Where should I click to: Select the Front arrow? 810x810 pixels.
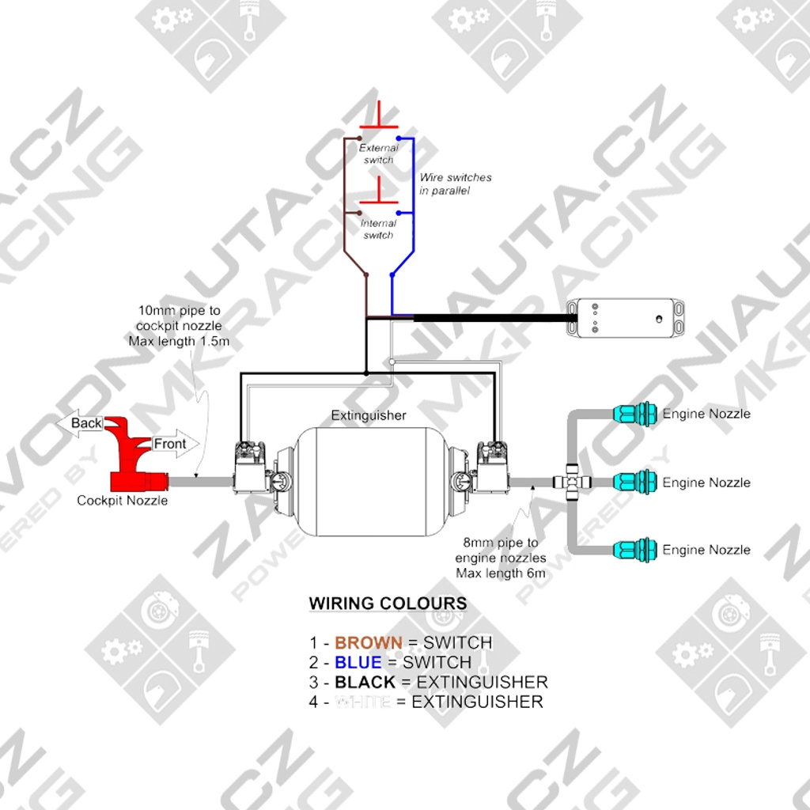click(x=173, y=445)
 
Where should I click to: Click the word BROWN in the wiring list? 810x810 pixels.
click(x=369, y=642)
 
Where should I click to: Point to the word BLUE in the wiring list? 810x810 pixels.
click(x=358, y=662)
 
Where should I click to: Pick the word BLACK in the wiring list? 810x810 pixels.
click(x=365, y=682)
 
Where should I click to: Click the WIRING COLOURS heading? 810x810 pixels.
click(x=388, y=604)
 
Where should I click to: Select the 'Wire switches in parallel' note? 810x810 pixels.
click(x=456, y=184)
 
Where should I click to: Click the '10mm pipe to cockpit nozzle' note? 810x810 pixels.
click(x=179, y=326)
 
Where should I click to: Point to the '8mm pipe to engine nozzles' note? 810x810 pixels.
click(x=501, y=558)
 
